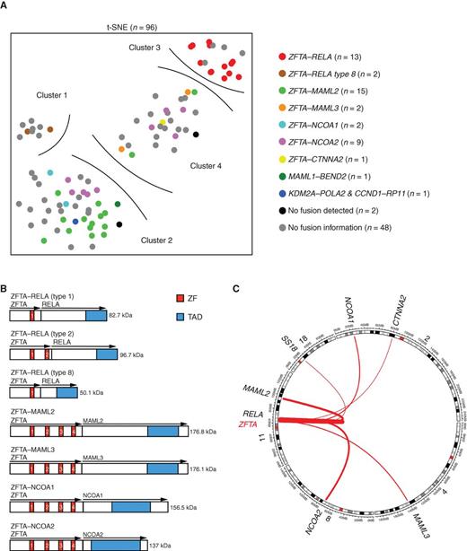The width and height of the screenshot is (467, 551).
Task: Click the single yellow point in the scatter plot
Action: pyautogui.click(x=163, y=122)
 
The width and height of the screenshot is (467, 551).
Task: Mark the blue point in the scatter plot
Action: pyautogui.click(x=75, y=221)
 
